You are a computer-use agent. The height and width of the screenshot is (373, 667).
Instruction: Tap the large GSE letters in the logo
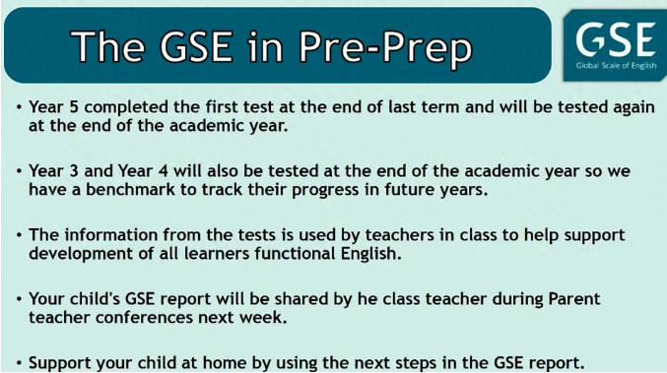(616, 39)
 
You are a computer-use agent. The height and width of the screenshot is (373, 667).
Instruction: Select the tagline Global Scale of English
(616, 66)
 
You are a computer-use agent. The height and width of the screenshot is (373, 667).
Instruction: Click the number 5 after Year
(74, 107)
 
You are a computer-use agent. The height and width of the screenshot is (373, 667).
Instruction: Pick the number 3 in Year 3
(74, 171)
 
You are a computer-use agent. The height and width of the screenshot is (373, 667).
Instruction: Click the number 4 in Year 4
(164, 171)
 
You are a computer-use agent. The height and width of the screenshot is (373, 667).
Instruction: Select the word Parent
(573, 298)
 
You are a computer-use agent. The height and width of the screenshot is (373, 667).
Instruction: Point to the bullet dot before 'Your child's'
(19, 299)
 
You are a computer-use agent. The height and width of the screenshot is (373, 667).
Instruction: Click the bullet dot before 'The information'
(19, 235)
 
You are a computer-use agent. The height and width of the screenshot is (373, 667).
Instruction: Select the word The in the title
(107, 45)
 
